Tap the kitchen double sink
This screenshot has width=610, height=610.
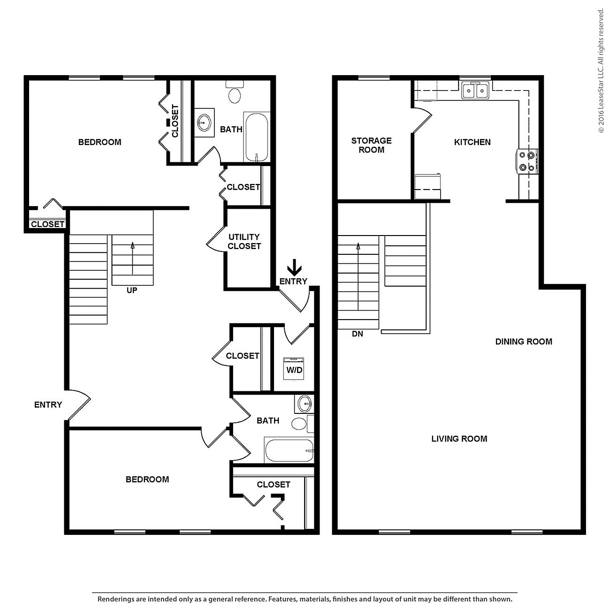(x=475, y=90)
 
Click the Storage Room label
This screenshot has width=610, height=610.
(x=371, y=145)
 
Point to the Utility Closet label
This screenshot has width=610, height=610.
(x=244, y=241)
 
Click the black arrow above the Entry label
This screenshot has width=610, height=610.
(x=294, y=267)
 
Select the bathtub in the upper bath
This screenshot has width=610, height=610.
(x=256, y=137)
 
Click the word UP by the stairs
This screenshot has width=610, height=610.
(x=132, y=290)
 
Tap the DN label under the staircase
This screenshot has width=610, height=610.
(x=358, y=334)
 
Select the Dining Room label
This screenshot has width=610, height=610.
(x=524, y=342)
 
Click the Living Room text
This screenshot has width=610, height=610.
(x=459, y=439)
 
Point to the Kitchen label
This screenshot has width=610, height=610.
(x=472, y=142)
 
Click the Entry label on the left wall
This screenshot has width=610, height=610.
(x=48, y=404)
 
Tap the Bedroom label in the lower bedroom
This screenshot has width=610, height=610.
(x=147, y=479)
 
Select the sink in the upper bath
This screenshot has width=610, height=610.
(x=204, y=123)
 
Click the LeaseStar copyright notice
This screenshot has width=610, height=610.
(x=601, y=70)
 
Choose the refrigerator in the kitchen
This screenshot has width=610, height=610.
(x=427, y=187)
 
